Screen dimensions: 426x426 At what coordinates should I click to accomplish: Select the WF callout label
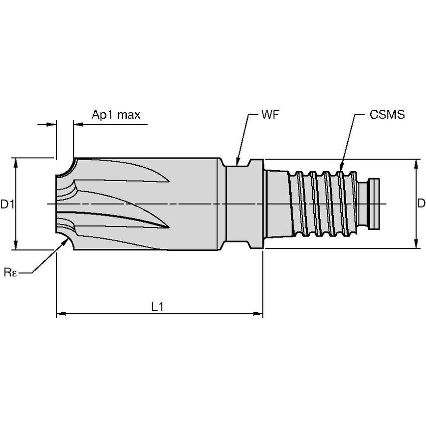click(270, 114)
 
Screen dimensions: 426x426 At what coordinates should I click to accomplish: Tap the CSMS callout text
click(387, 114)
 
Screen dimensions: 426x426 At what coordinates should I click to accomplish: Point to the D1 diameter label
click(6, 204)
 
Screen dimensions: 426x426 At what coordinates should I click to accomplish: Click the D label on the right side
click(421, 204)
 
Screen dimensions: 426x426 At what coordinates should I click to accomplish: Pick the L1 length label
click(158, 307)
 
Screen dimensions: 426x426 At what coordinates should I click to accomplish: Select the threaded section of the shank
click(324, 204)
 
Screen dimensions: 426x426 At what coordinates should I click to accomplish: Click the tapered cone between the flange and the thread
click(277, 204)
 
